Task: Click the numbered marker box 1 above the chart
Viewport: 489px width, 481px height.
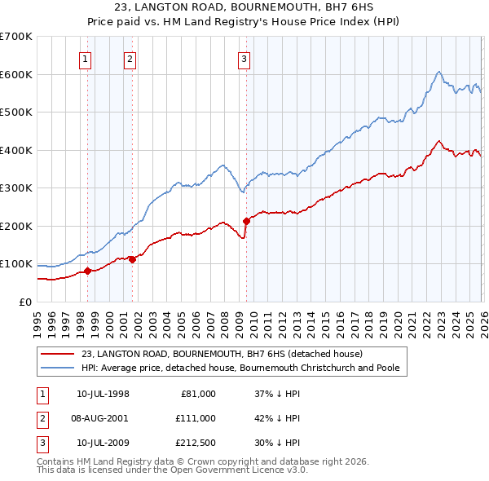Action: [86, 58]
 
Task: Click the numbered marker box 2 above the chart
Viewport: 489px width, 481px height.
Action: [130, 58]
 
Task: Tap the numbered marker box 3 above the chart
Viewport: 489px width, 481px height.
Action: [244, 58]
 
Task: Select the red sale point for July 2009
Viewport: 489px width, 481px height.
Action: [246, 220]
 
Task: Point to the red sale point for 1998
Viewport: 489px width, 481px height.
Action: [87, 271]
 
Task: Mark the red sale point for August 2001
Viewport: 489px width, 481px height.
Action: [132, 260]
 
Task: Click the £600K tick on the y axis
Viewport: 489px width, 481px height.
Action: [15, 74]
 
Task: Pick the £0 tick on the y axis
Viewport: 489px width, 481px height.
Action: [24, 302]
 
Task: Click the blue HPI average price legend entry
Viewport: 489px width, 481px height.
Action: [240, 368]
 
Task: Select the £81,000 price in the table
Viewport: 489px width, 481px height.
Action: [197, 393]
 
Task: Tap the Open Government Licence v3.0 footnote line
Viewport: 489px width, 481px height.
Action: [173, 470]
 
